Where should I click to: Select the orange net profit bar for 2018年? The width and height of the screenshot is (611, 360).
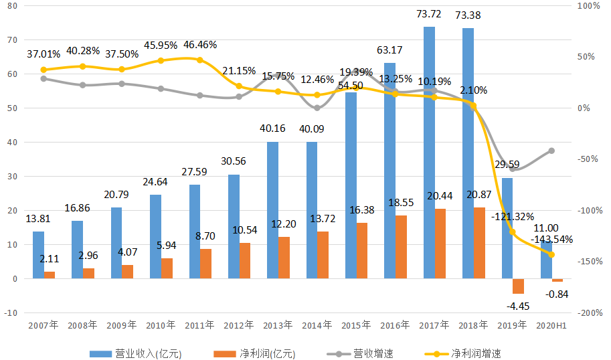(479, 243)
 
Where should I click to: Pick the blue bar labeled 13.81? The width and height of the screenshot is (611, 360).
(38, 255)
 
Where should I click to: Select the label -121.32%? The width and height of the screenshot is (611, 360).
(511, 216)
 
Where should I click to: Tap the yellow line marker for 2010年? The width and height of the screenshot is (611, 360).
(161, 61)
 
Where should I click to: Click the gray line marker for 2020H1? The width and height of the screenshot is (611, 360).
(551, 151)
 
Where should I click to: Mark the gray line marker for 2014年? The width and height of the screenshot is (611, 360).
(317, 107)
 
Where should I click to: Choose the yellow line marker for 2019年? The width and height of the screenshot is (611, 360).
(513, 232)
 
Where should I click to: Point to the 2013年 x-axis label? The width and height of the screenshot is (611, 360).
(278, 325)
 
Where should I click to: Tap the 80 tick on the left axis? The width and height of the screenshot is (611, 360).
(12, 5)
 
